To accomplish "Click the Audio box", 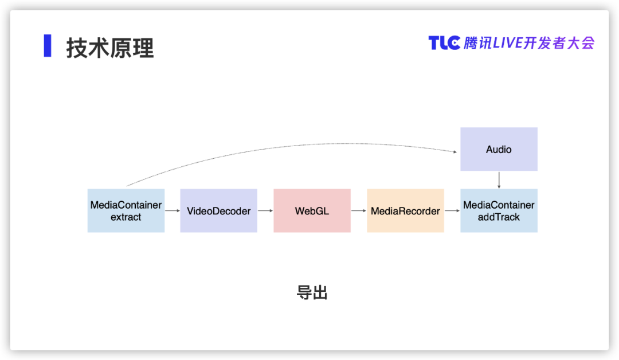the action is (x=499, y=149).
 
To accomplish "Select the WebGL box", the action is (x=312, y=211).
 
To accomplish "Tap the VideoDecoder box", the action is (x=219, y=211).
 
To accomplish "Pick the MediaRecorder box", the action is (x=405, y=211).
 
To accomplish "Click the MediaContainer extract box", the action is (x=126, y=211).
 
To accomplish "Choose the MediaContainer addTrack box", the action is (x=499, y=211).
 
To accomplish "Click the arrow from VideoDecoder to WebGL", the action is (x=265, y=211).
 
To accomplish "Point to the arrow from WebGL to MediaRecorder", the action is (x=359, y=211).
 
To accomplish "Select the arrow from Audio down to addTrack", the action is (x=499, y=180).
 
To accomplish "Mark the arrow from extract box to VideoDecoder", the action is (x=173, y=211).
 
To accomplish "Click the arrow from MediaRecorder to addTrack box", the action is (x=452, y=211).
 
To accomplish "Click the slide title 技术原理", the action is (x=109, y=48).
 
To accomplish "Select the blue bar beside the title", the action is (x=48, y=46).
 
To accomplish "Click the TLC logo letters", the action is (x=445, y=43).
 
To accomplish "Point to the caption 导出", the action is (x=312, y=293).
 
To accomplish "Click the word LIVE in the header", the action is (x=508, y=43).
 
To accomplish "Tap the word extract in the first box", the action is (x=126, y=217).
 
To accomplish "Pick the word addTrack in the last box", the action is (x=499, y=217).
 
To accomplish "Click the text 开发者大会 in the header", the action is (x=559, y=43).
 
